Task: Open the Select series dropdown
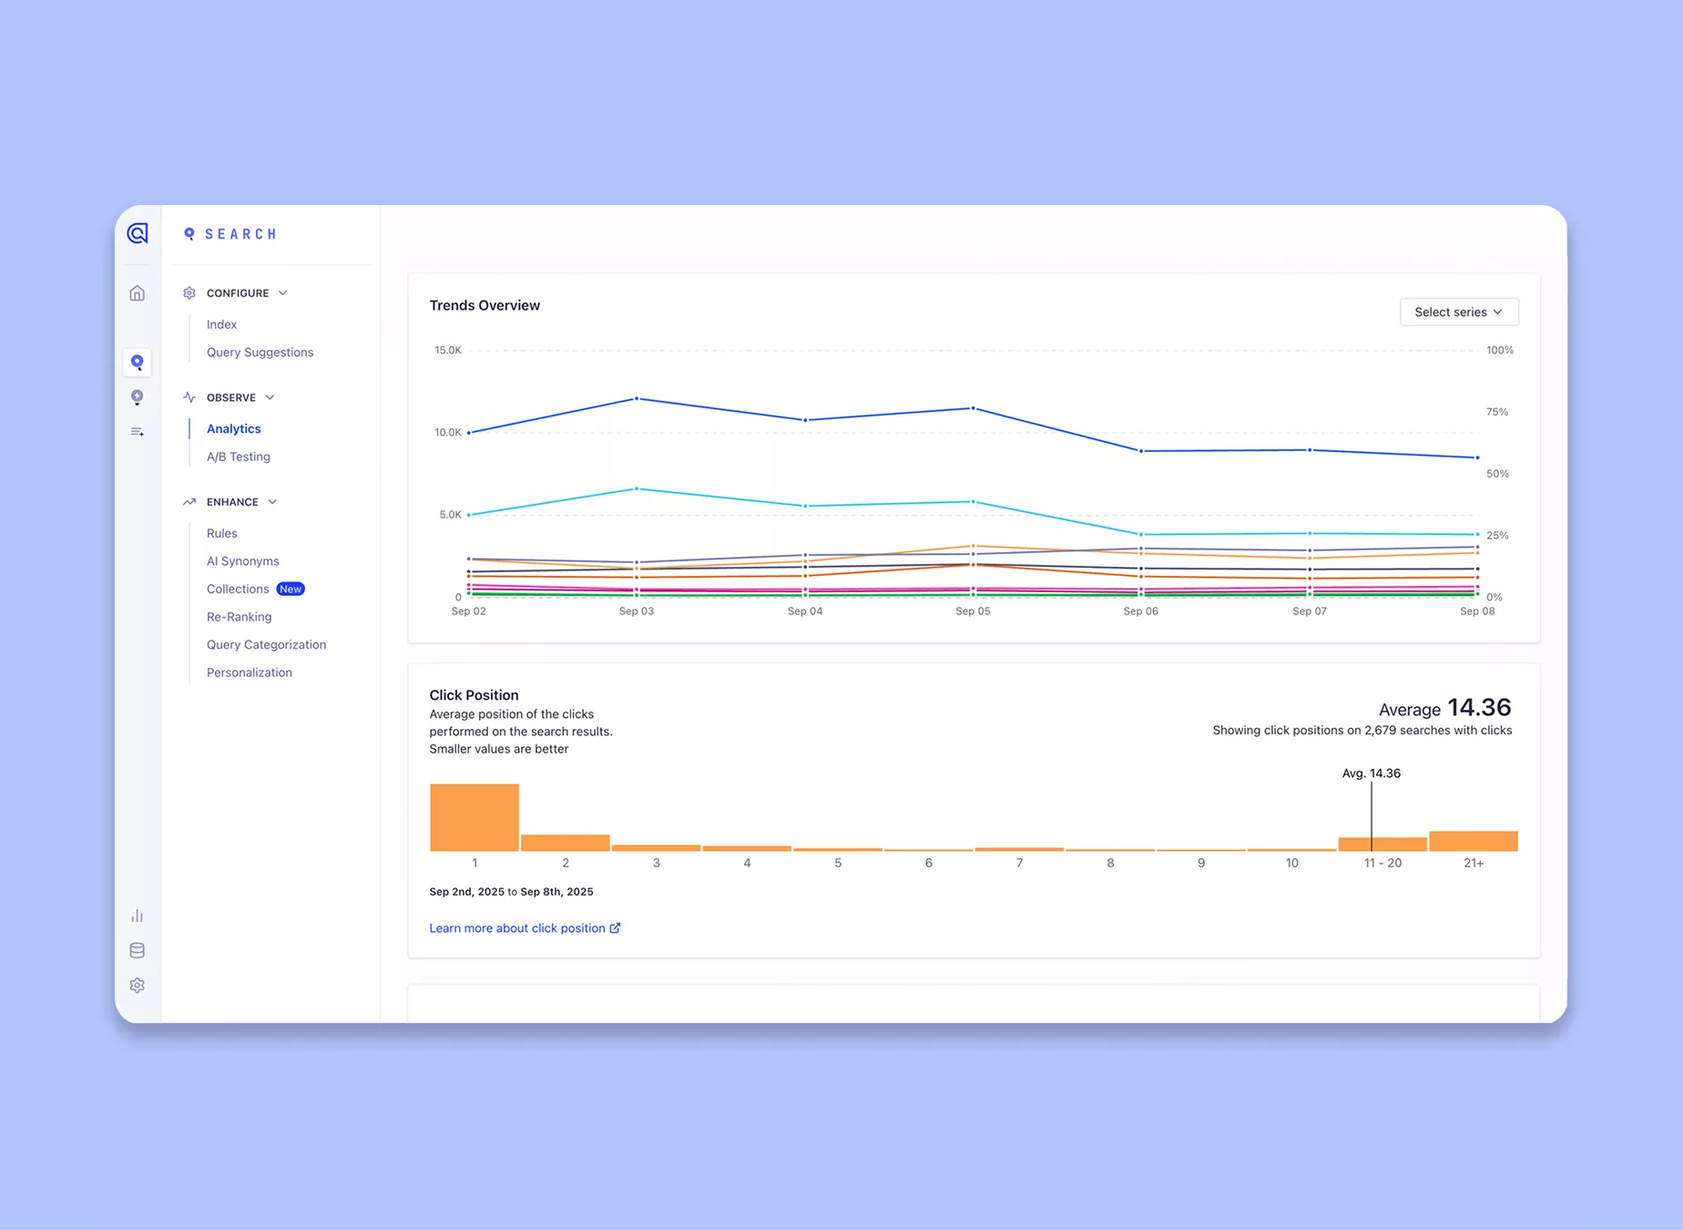pyautogui.click(x=1458, y=312)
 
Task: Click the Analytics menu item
pyautogui.click(x=233, y=429)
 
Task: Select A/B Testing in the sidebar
pyautogui.click(x=238, y=456)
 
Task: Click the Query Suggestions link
pyautogui.click(x=260, y=353)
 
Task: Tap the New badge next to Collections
pyautogui.click(x=291, y=589)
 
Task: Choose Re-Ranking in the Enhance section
pyautogui.click(x=239, y=617)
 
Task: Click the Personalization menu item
pyautogui.click(x=249, y=672)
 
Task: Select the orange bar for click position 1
pyautogui.click(x=474, y=817)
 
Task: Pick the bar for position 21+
pyautogui.click(x=1473, y=841)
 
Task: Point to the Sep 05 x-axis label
pyautogui.click(x=973, y=611)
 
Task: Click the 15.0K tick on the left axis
pyautogui.click(x=448, y=351)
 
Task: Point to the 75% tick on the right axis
pyautogui.click(x=1496, y=412)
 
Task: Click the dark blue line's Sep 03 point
pyautogui.click(x=637, y=399)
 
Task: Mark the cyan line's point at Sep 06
pyautogui.click(x=1141, y=535)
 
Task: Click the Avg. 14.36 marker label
pyautogui.click(x=1371, y=774)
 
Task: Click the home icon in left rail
pyautogui.click(x=138, y=293)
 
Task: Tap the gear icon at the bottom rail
pyautogui.click(x=138, y=986)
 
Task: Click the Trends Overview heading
pyautogui.click(x=484, y=305)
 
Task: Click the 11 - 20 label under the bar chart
pyautogui.click(x=1382, y=863)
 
